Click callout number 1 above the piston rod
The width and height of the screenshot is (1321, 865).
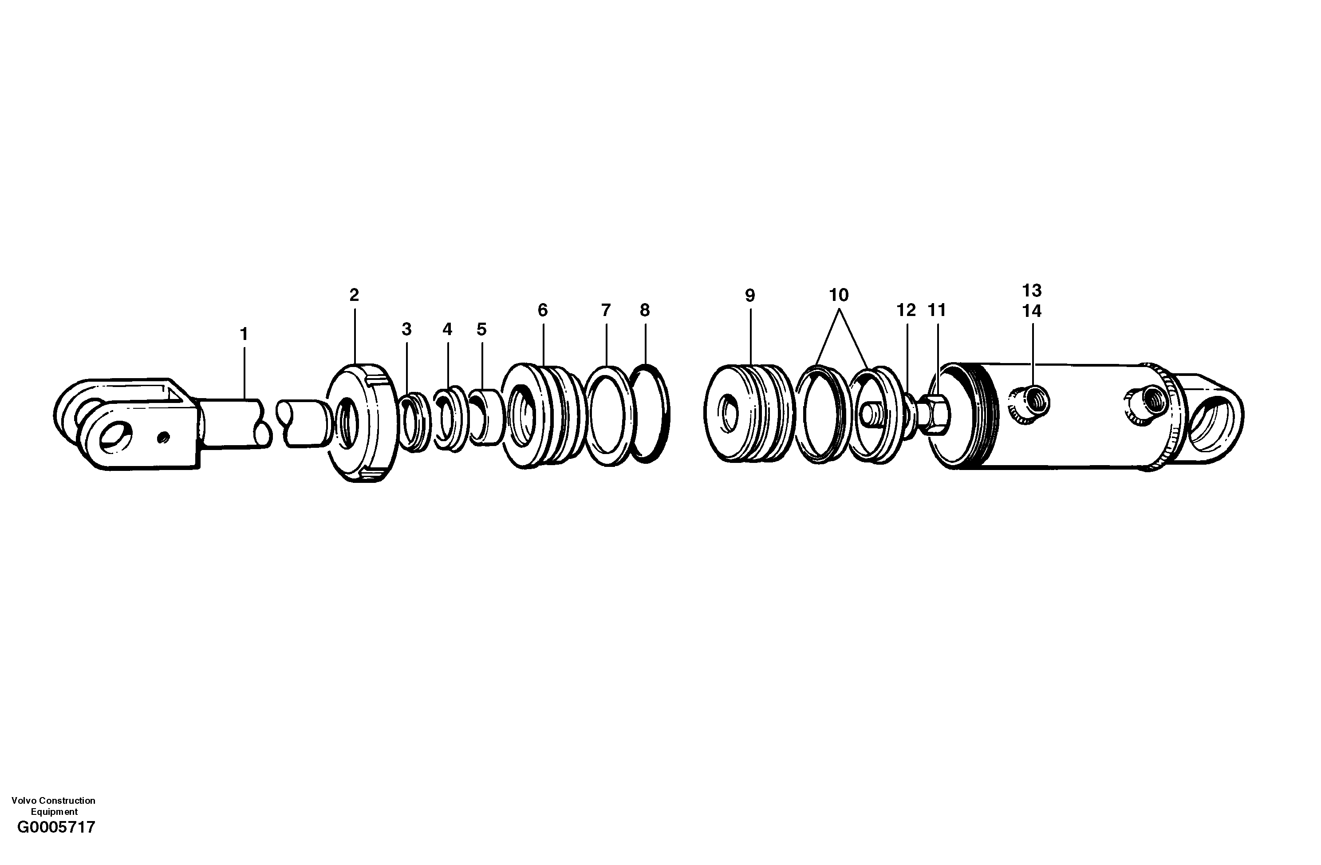[x=243, y=334]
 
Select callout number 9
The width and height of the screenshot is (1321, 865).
[x=750, y=296]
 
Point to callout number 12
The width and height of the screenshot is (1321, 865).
[x=906, y=310]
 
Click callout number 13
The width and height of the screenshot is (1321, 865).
[x=1032, y=290]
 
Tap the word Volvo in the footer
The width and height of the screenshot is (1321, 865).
[x=23, y=800]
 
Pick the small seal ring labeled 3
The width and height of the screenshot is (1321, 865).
[x=414, y=422]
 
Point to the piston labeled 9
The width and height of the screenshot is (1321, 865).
[x=746, y=412]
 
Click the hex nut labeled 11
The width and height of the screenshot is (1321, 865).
[x=936, y=414]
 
